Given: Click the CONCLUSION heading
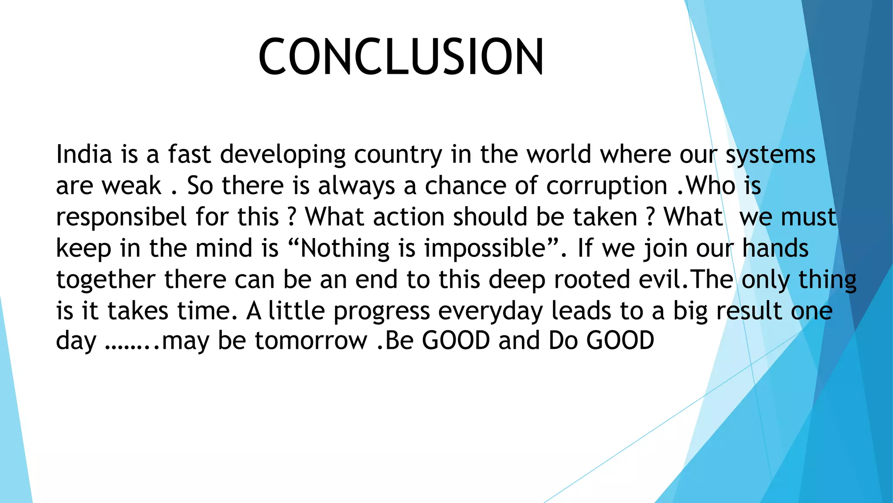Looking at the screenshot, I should [401, 57].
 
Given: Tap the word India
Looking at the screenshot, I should [84, 155].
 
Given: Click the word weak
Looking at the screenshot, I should [132, 186].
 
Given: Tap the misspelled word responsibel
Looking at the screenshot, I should [122, 217].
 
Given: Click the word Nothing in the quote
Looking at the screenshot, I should [345, 249].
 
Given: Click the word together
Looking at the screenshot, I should [106, 280].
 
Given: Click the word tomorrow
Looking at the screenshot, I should [311, 341].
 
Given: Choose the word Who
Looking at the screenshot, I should [711, 186].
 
